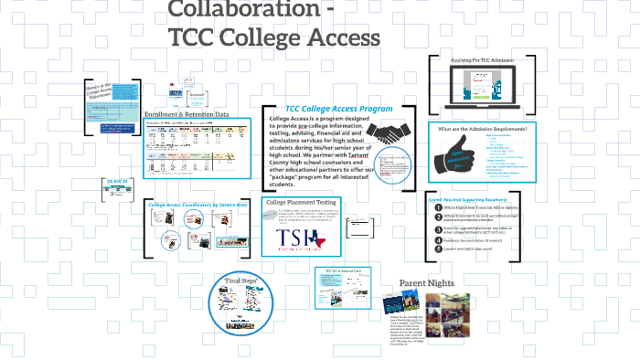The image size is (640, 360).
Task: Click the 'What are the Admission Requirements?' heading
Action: [x=483, y=129]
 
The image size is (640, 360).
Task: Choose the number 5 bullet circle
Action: [x=437, y=248]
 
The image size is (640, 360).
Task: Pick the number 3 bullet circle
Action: [x=437, y=228]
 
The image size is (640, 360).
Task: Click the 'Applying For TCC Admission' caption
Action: [x=482, y=59]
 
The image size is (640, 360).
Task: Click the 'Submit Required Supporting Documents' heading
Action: [x=467, y=196]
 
